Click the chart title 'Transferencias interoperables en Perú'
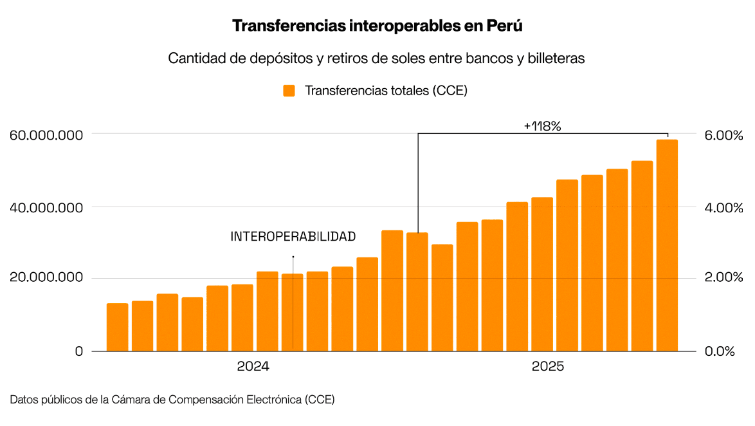[377, 26]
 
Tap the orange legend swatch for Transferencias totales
[289, 91]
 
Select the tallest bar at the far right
[667, 245]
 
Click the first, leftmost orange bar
[117, 327]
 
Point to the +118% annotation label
[543, 126]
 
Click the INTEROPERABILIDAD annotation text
[293, 237]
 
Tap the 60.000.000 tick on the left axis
[47, 136]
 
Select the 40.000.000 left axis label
[47, 208]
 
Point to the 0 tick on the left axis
[78, 351]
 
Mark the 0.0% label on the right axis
[720, 351]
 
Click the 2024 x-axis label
[253, 367]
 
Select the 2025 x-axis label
[548, 367]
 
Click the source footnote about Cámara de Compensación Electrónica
[172, 400]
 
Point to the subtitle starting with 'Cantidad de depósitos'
[377, 58]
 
